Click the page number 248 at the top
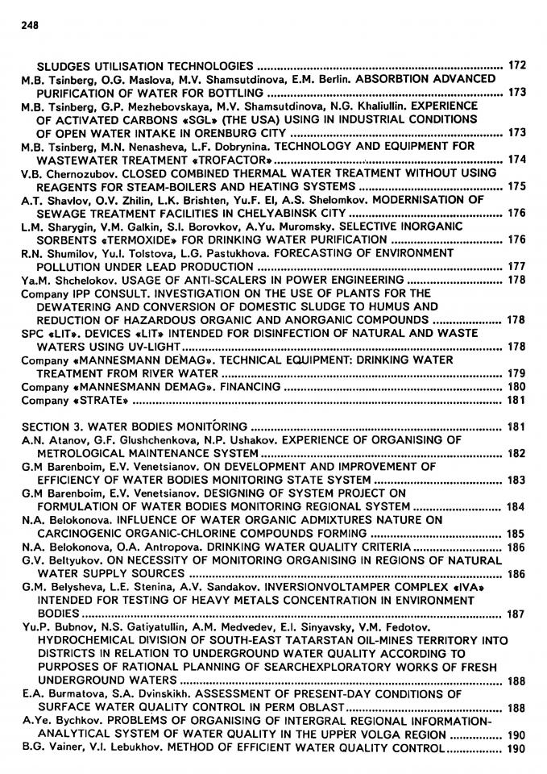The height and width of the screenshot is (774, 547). tap(30, 24)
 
